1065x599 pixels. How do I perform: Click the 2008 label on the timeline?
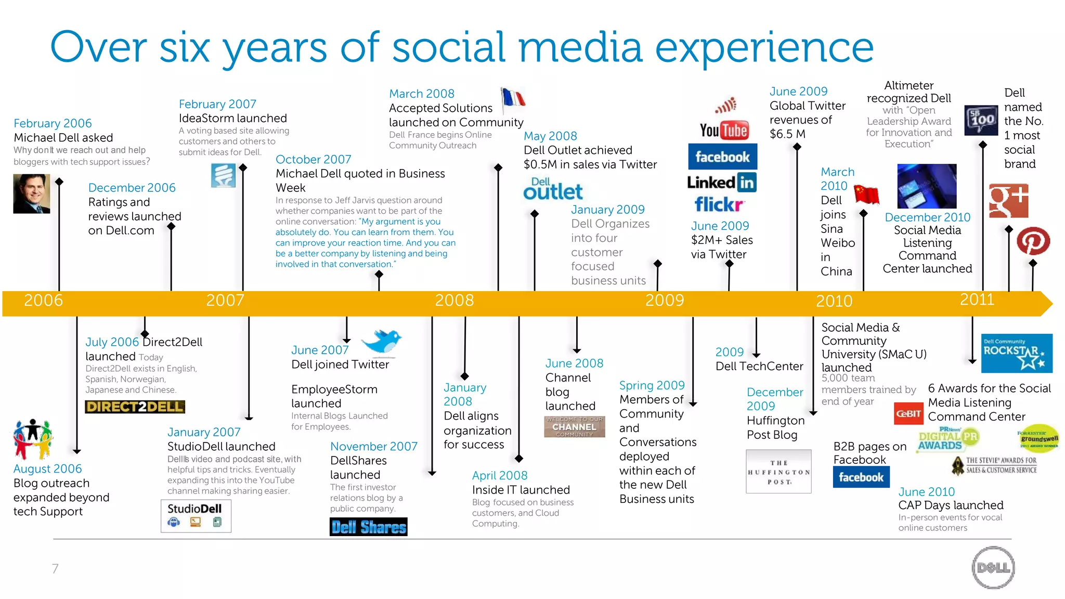click(454, 301)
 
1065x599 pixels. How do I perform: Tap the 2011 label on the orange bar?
click(977, 299)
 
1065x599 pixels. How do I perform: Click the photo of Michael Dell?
click(32, 193)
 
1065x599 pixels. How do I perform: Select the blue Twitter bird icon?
click(382, 342)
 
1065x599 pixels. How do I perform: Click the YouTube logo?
click(723, 130)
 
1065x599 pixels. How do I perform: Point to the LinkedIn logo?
click(721, 183)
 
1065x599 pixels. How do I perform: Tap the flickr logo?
click(719, 205)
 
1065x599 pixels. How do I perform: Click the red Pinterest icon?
click(1033, 241)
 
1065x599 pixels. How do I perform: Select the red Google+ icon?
click(1008, 200)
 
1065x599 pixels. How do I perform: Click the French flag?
click(513, 99)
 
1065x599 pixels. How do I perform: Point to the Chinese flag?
click(866, 194)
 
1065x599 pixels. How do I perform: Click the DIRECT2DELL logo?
click(135, 407)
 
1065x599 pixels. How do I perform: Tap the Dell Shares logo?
click(368, 527)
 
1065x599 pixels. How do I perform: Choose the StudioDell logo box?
click(196, 516)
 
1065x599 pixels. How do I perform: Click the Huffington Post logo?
click(778, 471)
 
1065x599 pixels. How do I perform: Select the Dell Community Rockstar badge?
click(1016, 353)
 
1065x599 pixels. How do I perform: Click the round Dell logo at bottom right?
click(993, 568)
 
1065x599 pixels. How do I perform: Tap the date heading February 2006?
click(53, 123)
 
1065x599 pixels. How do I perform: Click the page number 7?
click(55, 568)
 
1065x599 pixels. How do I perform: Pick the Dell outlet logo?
click(552, 189)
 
